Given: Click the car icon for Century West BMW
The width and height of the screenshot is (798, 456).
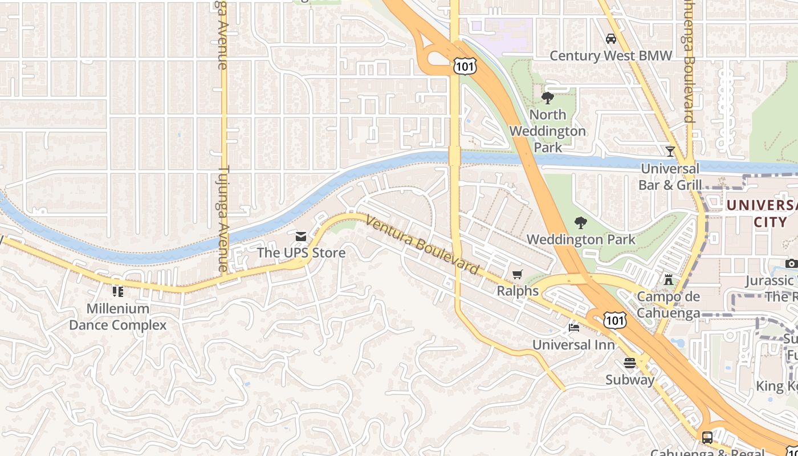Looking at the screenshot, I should [611, 39].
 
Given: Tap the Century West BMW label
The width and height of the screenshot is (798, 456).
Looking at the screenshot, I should [611, 56].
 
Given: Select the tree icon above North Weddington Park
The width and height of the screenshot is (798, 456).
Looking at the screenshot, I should [547, 98].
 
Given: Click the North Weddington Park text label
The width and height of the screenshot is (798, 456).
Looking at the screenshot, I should [547, 131].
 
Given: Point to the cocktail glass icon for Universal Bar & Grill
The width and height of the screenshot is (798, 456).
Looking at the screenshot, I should [670, 152].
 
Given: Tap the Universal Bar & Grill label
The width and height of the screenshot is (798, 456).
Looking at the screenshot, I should [670, 177].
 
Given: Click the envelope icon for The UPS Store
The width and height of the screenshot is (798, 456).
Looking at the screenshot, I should [301, 236].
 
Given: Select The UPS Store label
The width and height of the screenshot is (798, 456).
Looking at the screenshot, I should [301, 253].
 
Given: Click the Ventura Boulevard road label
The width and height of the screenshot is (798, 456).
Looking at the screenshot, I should [422, 245].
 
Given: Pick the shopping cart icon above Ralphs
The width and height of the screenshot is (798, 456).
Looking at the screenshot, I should [518, 275].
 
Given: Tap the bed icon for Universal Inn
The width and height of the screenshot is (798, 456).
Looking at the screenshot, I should [573, 328].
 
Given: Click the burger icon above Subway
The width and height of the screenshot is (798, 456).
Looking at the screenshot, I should [630, 363].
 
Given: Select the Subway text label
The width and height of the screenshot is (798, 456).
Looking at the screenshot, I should [630, 380].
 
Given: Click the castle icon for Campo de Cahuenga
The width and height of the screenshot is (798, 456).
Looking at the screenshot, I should [669, 280].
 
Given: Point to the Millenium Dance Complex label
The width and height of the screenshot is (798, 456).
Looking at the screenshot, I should [118, 317].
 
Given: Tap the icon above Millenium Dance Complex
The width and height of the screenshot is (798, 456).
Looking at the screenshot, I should [118, 292].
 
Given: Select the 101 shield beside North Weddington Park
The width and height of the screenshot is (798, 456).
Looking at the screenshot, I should [464, 67].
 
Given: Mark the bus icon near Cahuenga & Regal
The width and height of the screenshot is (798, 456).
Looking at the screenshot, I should [707, 438].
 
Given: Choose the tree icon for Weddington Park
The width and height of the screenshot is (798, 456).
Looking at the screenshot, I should [581, 222].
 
